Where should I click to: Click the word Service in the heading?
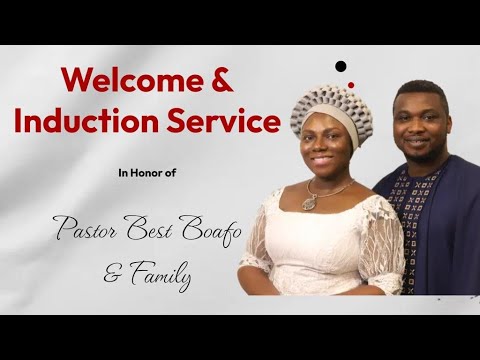click(223, 122)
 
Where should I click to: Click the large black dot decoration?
click(341, 66)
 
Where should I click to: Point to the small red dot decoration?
click(350, 84)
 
